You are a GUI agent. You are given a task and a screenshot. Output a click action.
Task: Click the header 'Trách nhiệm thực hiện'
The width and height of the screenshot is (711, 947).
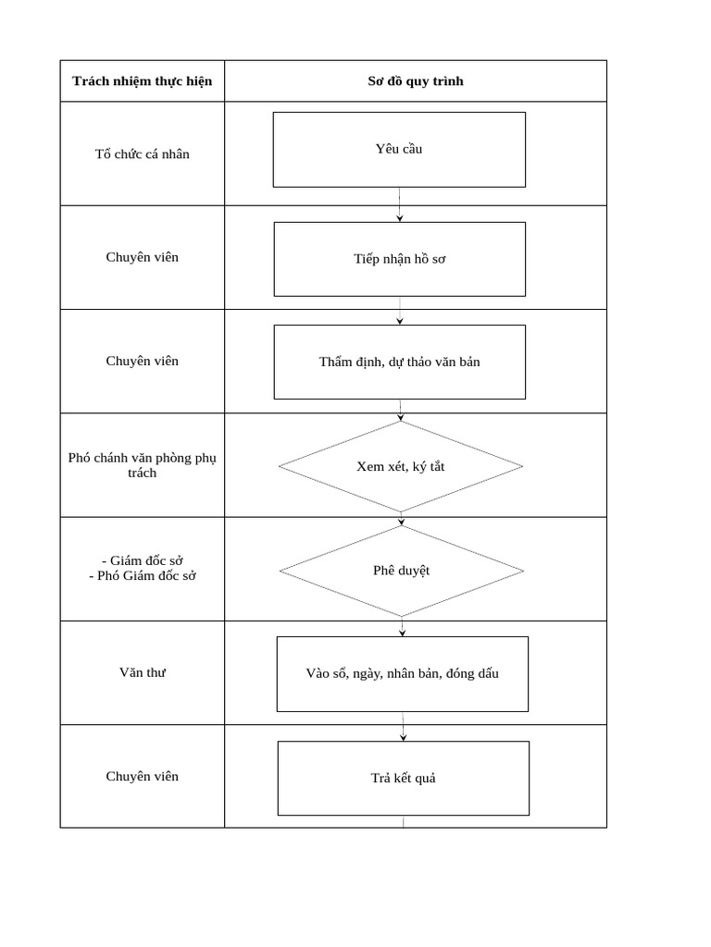142,81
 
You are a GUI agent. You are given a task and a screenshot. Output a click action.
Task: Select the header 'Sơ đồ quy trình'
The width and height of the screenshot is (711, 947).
416,81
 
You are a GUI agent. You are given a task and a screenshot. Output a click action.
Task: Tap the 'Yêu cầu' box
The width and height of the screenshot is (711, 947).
399,149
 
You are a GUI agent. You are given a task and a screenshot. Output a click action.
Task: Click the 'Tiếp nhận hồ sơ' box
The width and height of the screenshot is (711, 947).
399,259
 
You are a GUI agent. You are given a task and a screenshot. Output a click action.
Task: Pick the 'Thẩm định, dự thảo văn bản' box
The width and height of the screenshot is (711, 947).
399,362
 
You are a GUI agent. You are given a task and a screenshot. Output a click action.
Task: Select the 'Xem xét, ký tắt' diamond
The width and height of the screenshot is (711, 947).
400,466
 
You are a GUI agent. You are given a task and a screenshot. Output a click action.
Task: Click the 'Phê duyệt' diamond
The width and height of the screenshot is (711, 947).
401,571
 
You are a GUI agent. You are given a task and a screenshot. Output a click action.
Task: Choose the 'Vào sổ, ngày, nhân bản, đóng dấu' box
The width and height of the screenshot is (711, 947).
402,673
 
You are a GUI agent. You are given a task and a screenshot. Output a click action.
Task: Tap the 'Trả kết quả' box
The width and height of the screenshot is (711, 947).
403,778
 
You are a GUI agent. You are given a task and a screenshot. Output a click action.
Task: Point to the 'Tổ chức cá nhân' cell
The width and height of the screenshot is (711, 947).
142,154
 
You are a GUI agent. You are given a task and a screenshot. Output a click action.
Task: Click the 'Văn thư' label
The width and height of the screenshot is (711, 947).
142,672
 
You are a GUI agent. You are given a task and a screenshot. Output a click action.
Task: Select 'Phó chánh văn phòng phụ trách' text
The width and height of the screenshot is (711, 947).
142,465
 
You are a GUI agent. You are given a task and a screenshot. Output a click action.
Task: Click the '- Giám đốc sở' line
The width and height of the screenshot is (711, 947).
142,560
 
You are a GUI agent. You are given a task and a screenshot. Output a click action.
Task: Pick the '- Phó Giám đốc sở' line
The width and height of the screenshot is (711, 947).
142,575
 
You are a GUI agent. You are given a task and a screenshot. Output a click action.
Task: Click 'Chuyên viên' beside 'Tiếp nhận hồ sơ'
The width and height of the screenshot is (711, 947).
142,257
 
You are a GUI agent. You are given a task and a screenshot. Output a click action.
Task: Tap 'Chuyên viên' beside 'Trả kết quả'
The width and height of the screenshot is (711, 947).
142,776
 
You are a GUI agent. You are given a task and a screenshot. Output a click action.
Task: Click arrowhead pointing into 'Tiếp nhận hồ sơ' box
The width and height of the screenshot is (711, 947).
400,217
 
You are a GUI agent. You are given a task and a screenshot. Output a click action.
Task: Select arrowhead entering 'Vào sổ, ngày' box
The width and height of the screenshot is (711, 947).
402,633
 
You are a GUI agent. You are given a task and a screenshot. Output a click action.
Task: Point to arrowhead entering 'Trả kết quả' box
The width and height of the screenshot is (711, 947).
404,737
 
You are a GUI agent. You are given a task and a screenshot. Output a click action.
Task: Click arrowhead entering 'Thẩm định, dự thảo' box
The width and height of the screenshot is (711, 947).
400,321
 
